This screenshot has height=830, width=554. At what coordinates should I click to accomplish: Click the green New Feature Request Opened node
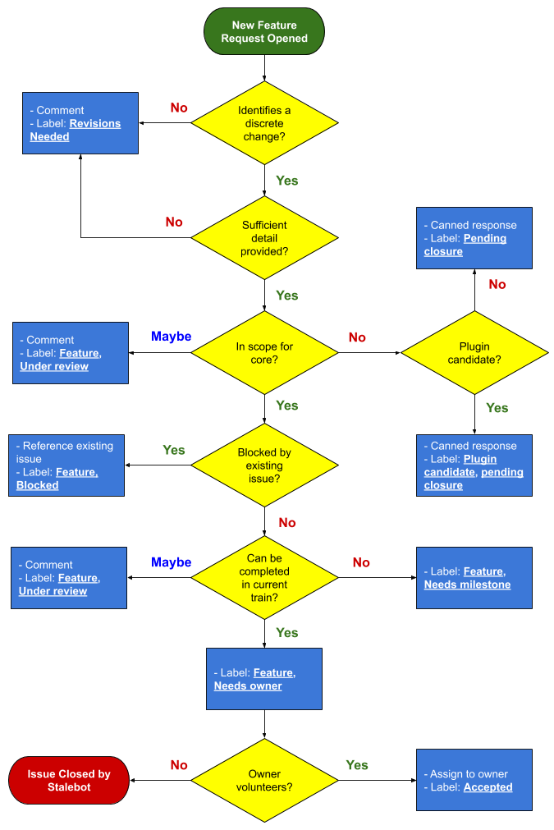click(264, 32)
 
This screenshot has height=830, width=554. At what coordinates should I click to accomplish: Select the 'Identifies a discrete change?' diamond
click(264, 123)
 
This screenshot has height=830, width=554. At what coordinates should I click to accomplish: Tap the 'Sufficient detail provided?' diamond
click(264, 238)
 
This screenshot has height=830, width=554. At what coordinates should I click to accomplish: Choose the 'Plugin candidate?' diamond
click(474, 353)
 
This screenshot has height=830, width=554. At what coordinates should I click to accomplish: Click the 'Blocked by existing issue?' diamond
click(264, 465)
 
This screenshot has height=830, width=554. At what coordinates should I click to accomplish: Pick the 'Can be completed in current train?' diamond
click(264, 578)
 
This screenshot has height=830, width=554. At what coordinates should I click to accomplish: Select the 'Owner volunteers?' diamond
click(264, 780)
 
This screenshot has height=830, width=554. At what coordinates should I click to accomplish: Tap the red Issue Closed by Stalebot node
click(69, 780)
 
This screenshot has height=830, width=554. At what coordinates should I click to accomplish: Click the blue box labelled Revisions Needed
click(80, 123)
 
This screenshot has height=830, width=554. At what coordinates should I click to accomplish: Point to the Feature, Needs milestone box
click(474, 578)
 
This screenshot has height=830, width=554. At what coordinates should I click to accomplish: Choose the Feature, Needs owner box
click(264, 679)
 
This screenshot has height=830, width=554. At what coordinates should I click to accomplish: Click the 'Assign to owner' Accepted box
click(474, 780)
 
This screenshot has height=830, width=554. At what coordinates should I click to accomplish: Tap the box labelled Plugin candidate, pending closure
click(474, 465)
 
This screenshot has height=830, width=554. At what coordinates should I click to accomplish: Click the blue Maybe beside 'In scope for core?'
click(172, 337)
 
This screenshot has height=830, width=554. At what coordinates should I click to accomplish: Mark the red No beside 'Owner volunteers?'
click(179, 765)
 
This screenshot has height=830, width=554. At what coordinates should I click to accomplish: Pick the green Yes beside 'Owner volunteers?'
click(357, 765)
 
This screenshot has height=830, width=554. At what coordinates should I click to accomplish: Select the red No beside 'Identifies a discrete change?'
click(179, 108)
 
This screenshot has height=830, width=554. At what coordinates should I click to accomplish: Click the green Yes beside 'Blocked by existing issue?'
click(174, 450)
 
